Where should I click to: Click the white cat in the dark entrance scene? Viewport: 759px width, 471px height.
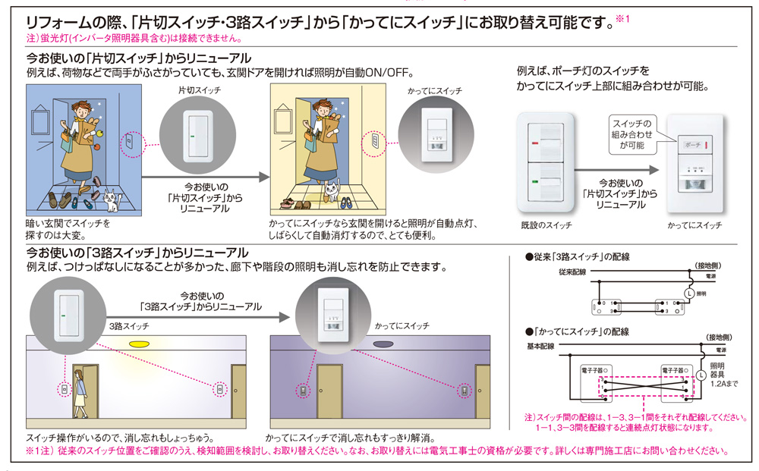pyautogui.click(x=111, y=200)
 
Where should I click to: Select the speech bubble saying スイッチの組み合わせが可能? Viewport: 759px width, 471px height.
pyautogui.click(x=631, y=133)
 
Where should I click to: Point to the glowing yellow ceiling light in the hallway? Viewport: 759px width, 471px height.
pyautogui.click(x=137, y=345)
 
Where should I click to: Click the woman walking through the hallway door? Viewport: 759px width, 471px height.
pyautogui.click(x=80, y=393)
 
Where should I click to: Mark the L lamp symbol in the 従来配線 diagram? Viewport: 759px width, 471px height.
pyautogui.click(x=688, y=293)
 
